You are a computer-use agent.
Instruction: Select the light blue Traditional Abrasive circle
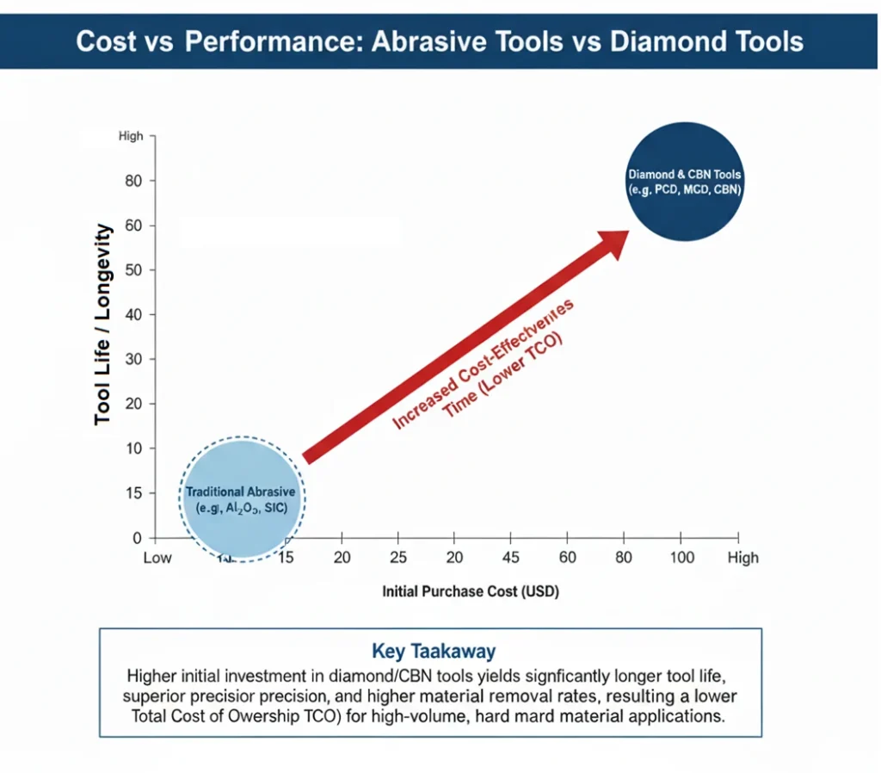(242, 498)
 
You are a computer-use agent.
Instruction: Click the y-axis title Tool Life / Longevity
(103, 324)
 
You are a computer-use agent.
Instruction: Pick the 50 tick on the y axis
(133, 270)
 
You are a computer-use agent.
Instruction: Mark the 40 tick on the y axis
(133, 315)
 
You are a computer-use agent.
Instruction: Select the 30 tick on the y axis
(133, 360)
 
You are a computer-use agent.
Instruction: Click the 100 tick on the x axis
(681, 558)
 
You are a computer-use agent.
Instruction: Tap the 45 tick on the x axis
(510, 558)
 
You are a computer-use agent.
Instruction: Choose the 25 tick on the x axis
(397, 558)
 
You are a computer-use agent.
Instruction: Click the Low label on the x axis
(157, 558)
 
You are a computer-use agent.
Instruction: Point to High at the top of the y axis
(132, 137)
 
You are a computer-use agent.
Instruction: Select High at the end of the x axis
(742, 558)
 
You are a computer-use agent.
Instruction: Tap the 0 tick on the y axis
(138, 539)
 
